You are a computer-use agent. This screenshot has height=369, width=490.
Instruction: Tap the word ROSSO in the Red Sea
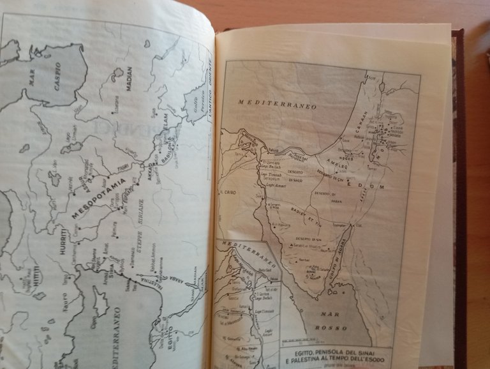coord(336,327)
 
